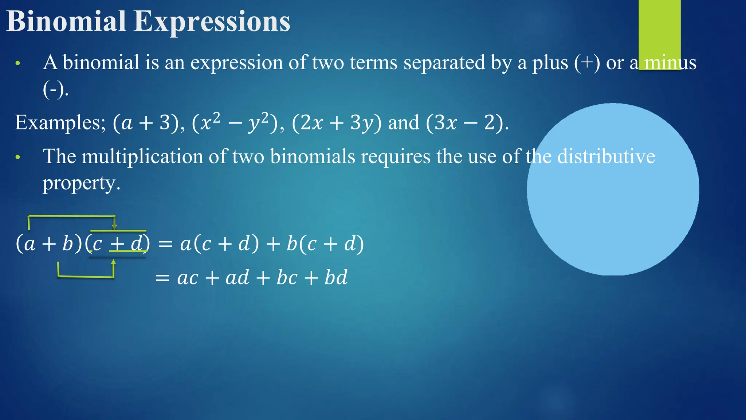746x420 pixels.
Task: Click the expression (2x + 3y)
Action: tap(337, 123)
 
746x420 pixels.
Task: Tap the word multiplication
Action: tap(142, 157)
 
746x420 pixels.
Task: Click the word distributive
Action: tap(606, 157)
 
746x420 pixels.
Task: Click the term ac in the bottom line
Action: tap(188, 278)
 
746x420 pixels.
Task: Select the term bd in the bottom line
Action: tap(336, 278)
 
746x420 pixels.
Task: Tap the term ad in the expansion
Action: tap(237, 278)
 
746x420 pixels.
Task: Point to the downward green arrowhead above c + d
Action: tap(114, 227)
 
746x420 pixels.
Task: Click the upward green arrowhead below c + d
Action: tap(113, 262)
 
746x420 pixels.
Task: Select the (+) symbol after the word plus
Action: tap(587, 63)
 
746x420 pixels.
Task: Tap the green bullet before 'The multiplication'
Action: tap(18, 157)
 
